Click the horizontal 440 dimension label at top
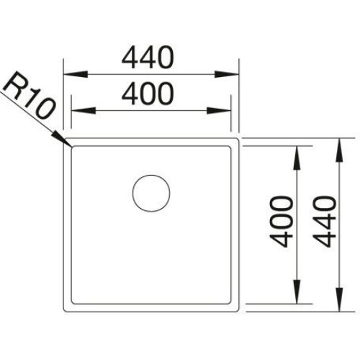148,57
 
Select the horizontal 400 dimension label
148,94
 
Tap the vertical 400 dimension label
282,222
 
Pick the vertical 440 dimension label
325,222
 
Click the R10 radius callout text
28,95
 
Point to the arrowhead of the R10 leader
62,139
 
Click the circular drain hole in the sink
151,194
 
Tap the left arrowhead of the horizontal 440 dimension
75,74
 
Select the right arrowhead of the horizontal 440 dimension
227,74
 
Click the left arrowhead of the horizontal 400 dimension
84,111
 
